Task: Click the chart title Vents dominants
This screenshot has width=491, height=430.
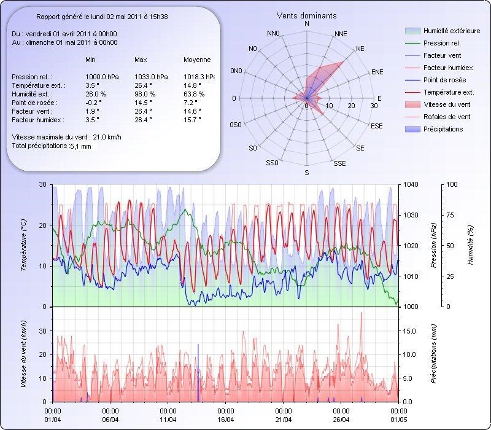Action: [x=306, y=15]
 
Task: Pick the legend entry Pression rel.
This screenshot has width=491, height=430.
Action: [x=442, y=44]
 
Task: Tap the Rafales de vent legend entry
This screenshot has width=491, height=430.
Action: [x=447, y=117]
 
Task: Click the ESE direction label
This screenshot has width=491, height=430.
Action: [x=377, y=126]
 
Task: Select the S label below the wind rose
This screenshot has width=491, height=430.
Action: [x=306, y=173]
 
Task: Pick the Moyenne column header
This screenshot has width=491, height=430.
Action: [x=197, y=60]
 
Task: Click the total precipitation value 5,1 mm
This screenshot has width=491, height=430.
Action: [x=80, y=147]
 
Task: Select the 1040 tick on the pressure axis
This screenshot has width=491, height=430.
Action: [x=411, y=185]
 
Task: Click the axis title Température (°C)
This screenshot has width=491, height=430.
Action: [x=24, y=246]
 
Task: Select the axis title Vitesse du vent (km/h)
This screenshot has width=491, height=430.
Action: [x=24, y=354]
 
